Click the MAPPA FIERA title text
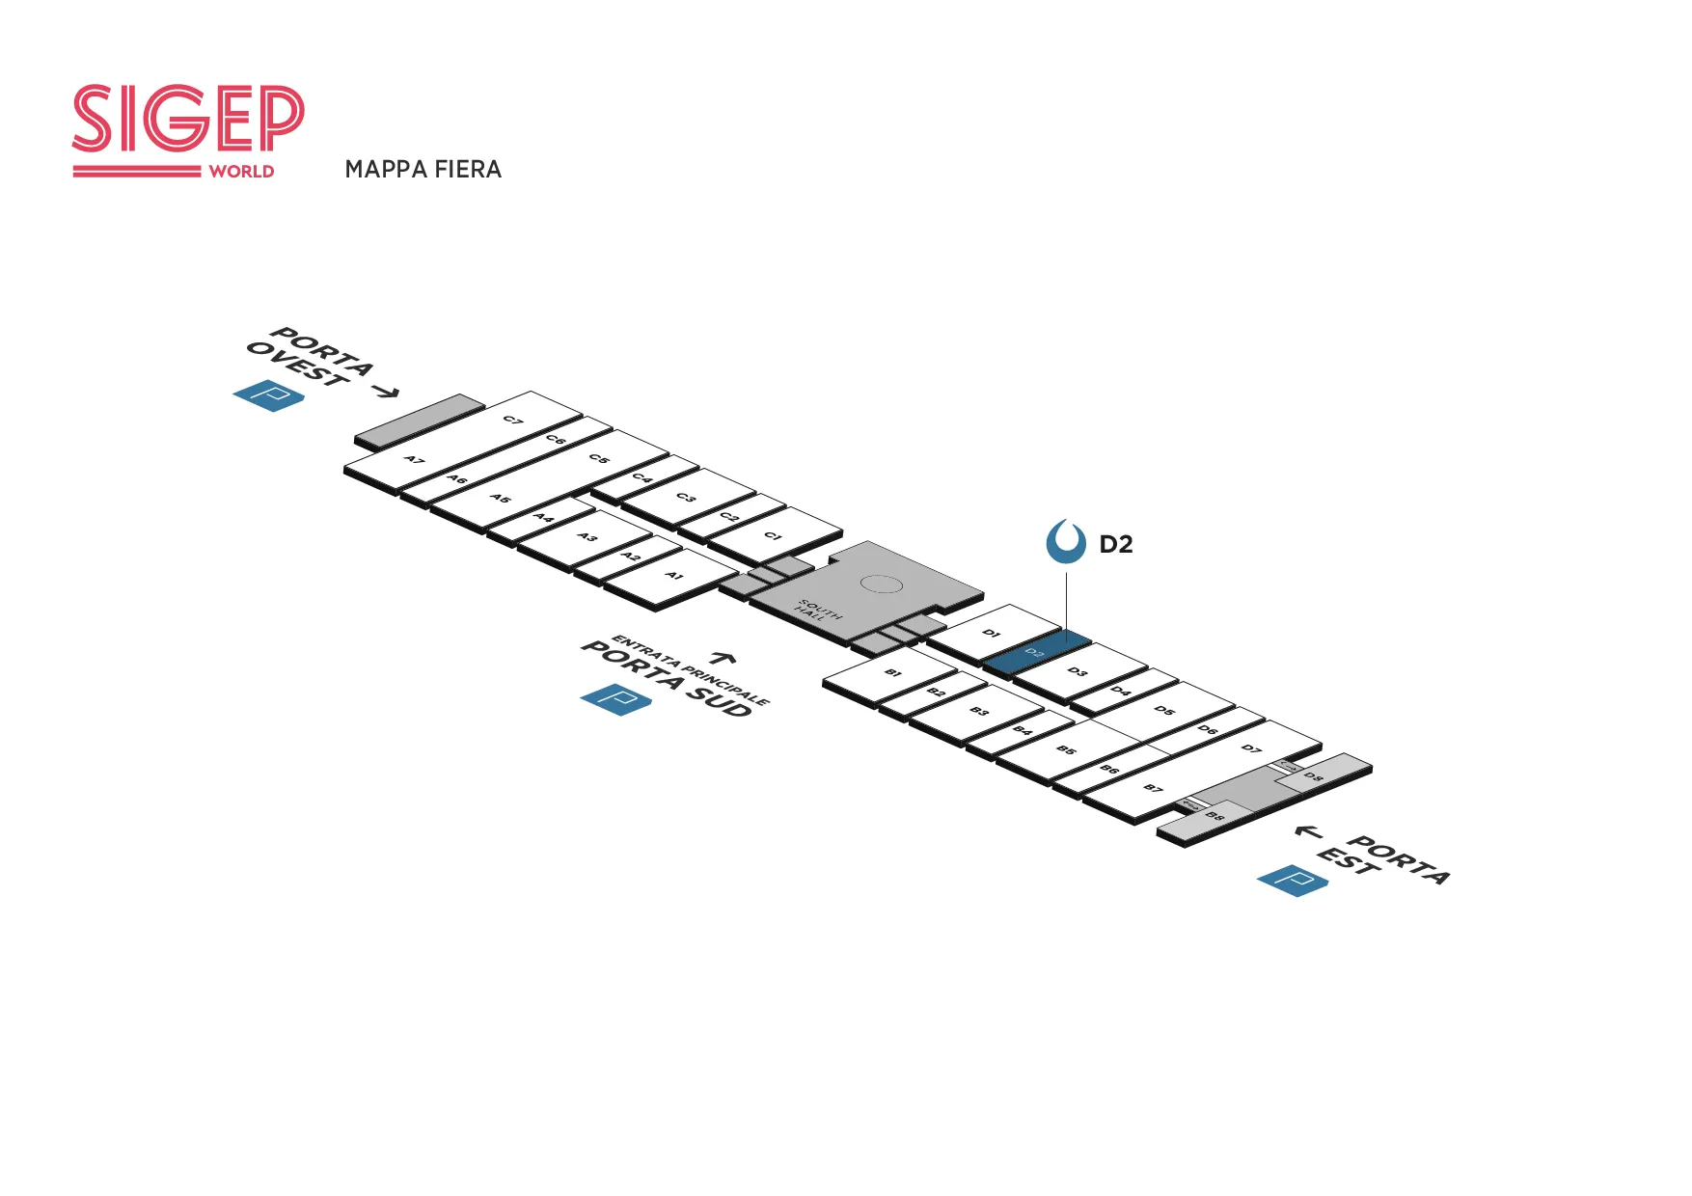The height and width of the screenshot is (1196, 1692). [x=423, y=170]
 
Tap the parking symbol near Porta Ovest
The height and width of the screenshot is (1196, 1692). [x=269, y=395]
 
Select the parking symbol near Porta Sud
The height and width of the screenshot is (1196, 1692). [x=615, y=699]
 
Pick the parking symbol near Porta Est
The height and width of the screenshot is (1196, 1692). [x=1293, y=881]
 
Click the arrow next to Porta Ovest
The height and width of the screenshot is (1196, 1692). [x=386, y=391]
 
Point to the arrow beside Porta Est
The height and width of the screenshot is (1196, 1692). [x=1308, y=831]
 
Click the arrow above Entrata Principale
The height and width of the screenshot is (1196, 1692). [x=723, y=658]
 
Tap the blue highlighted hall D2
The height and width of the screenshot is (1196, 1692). [x=1037, y=651]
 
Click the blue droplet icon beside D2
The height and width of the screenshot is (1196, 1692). [x=1066, y=542]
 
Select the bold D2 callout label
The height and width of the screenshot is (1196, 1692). [x=1116, y=545]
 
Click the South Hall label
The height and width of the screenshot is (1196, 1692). [x=819, y=611]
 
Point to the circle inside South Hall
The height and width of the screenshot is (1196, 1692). [x=880, y=584]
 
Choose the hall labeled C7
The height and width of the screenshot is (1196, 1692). [x=513, y=421]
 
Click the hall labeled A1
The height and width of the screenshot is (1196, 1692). [x=674, y=576]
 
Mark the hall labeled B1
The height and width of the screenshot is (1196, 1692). [x=892, y=672]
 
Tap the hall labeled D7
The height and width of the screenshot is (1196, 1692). [x=1251, y=748]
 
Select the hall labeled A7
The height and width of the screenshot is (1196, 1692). [x=414, y=460]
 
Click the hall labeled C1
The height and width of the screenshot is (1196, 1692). [x=772, y=535]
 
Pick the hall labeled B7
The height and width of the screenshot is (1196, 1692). [x=1153, y=788]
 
